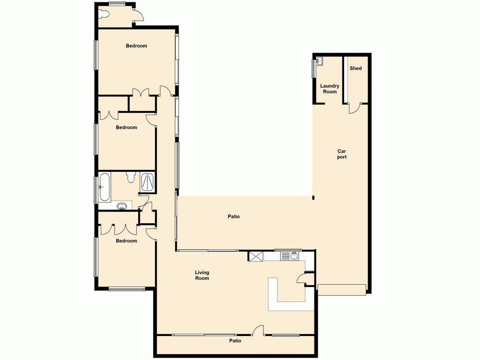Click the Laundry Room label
(x=330, y=89)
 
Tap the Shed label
(x=356, y=69)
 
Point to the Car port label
(x=342, y=154)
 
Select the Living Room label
(x=202, y=276)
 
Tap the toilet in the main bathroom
(x=131, y=178)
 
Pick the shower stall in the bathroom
(x=147, y=181)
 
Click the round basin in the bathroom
(x=122, y=207)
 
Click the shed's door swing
(x=354, y=108)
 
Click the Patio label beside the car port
(x=234, y=216)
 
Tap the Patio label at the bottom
(x=235, y=341)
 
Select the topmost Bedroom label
(x=136, y=46)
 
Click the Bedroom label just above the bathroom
(x=126, y=128)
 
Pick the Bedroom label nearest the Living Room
(x=126, y=241)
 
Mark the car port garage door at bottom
(x=342, y=289)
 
